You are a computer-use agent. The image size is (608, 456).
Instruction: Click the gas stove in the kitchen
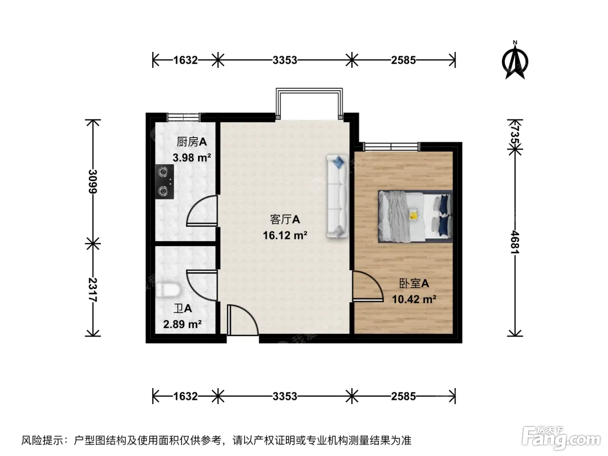click(165, 182)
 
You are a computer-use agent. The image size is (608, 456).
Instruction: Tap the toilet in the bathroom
click(169, 290)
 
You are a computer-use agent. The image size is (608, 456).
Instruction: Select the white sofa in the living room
click(337, 196)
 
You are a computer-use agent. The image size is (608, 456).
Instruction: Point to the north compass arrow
click(515, 60)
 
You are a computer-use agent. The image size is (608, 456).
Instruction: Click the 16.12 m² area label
click(285, 236)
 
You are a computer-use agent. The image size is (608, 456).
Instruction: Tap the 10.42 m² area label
click(414, 299)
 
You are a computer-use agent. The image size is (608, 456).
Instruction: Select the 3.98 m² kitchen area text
click(192, 158)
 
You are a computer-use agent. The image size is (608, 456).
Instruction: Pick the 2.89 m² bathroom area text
click(182, 324)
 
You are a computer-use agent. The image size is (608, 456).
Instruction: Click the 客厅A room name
click(285, 220)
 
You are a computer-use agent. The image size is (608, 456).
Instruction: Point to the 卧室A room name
click(414, 284)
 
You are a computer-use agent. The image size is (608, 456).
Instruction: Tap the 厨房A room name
click(192, 142)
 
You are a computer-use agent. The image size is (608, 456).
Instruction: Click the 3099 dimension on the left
click(93, 182)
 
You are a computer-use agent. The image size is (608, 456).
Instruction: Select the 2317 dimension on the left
click(93, 290)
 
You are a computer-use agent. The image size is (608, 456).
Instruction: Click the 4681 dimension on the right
click(515, 242)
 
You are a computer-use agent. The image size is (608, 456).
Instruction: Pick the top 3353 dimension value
click(285, 60)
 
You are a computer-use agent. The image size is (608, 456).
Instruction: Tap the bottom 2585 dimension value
click(403, 397)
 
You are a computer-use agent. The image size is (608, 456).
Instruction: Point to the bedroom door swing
click(368, 286)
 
